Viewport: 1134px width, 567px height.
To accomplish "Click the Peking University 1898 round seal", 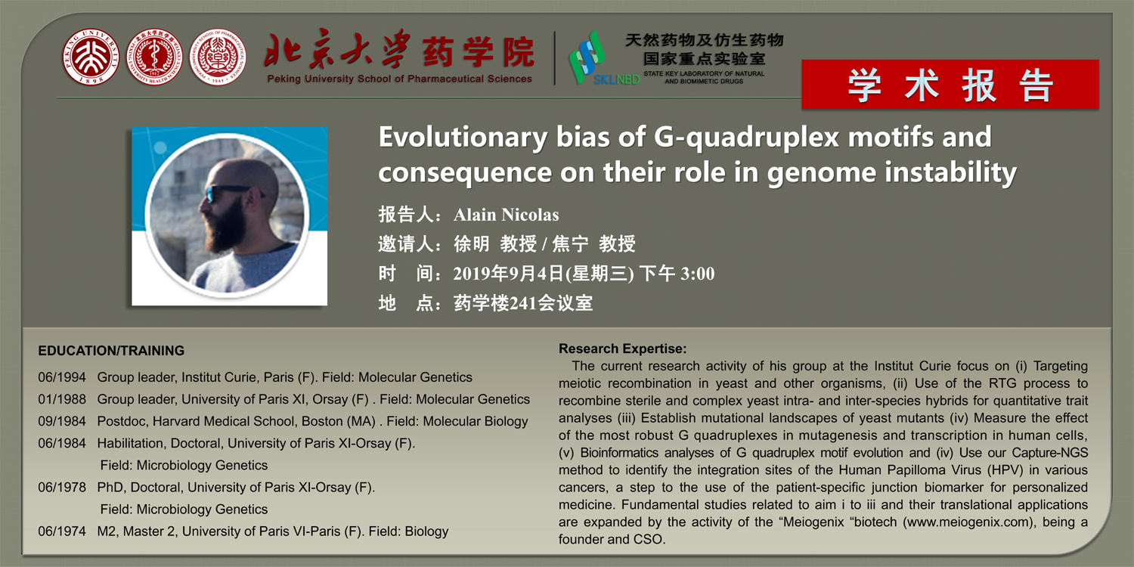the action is coord(91,57).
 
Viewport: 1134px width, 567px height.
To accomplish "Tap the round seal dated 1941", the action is coord(218,57).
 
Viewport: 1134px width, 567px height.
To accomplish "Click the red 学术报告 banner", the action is coord(950,85).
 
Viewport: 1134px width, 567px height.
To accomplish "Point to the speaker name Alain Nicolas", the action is coord(507,215).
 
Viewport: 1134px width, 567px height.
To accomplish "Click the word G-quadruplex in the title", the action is coord(746,137).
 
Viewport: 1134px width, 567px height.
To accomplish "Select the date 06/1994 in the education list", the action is coord(62,377).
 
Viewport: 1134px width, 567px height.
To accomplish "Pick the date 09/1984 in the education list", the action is coord(62,421).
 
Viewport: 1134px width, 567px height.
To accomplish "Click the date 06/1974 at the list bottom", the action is coord(62,531).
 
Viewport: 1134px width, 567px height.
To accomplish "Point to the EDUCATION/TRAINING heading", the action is coord(111,350).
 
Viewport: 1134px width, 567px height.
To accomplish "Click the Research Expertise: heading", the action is coord(623,349).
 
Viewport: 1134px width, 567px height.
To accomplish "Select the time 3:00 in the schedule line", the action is coord(698,274).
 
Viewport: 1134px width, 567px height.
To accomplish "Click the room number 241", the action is coord(523,303).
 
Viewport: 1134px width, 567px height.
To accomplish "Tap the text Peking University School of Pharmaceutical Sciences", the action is coord(399,79).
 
